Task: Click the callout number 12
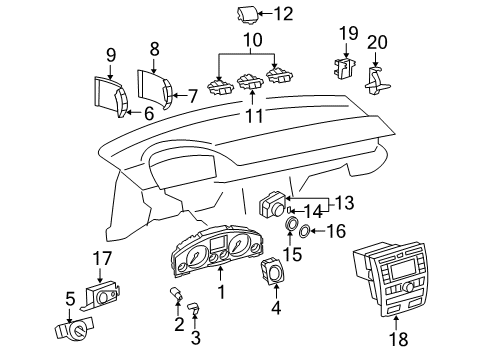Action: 283,14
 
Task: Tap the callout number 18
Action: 399,339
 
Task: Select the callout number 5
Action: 70,299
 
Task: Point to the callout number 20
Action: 377,43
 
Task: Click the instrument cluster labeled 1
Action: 217,250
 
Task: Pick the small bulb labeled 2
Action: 177,295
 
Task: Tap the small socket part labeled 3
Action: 194,307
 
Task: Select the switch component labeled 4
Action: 274,271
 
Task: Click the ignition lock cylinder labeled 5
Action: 75,329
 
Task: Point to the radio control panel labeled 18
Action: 390,278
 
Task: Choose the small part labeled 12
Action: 248,15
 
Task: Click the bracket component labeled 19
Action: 344,69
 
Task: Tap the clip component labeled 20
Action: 378,81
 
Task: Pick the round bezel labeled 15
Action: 290,223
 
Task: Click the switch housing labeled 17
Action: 100,295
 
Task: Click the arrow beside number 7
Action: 180,96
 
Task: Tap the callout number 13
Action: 344,203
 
